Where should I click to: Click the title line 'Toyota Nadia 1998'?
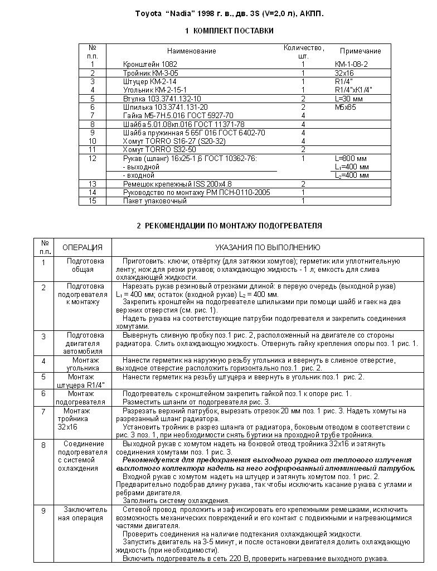click(229, 13)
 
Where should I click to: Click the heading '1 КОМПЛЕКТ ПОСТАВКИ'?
click(229, 31)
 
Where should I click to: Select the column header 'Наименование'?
click(191, 51)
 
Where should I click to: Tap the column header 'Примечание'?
click(360, 51)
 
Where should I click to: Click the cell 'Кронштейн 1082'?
click(150, 65)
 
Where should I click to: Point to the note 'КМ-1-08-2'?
click(351, 65)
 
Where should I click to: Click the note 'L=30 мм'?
click(348, 99)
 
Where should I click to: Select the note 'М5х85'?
click(345, 107)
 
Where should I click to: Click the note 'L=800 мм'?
click(351, 159)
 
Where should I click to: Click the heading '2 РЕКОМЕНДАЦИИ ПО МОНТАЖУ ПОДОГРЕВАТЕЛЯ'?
click(229, 226)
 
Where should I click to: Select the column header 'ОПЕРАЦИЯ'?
click(82, 247)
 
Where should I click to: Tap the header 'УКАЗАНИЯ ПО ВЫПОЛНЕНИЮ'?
click(268, 247)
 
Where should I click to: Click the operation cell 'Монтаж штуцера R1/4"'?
click(81, 381)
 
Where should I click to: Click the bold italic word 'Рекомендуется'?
click(150, 461)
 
